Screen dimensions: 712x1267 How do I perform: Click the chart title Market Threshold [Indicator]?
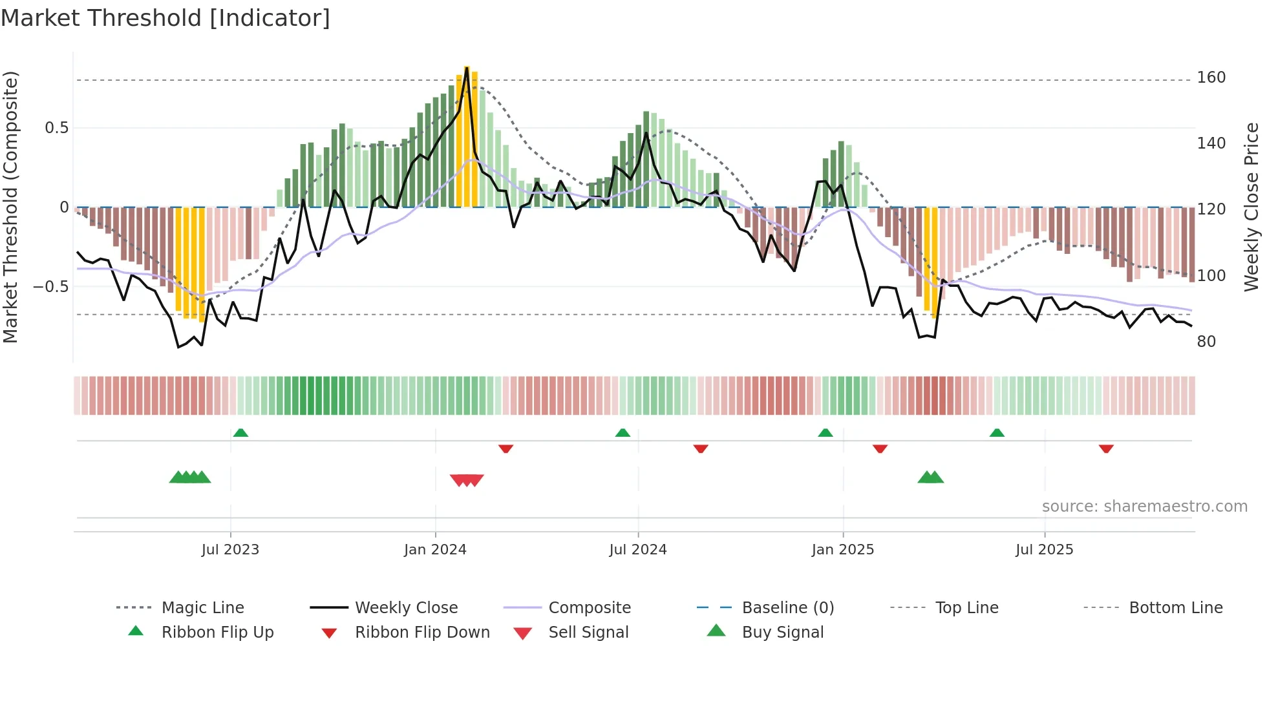pyautogui.click(x=165, y=18)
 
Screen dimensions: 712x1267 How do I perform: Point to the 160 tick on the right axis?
pyautogui.click(x=1211, y=78)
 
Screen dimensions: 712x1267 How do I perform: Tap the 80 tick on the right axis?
pyautogui.click(x=1206, y=341)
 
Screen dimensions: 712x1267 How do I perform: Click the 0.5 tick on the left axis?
pyautogui.click(x=56, y=128)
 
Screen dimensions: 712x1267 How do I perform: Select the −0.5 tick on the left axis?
pyautogui.click(x=51, y=286)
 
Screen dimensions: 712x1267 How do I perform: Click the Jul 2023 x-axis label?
pyautogui.click(x=230, y=550)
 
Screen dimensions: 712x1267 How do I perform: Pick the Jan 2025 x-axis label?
pyautogui.click(x=842, y=550)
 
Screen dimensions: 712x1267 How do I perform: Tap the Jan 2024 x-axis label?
pyautogui.click(x=435, y=550)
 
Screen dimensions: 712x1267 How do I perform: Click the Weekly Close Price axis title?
pyautogui.click(x=1251, y=207)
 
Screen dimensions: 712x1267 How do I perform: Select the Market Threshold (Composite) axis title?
pyautogui.click(x=10, y=207)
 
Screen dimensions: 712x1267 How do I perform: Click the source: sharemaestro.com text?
pyautogui.click(x=1144, y=507)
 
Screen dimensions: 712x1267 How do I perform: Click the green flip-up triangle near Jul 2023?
pyautogui.click(x=240, y=432)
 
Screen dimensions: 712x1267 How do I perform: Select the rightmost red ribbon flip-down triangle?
pyautogui.click(x=1106, y=448)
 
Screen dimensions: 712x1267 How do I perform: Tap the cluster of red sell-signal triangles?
pyautogui.click(x=467, y=480)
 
